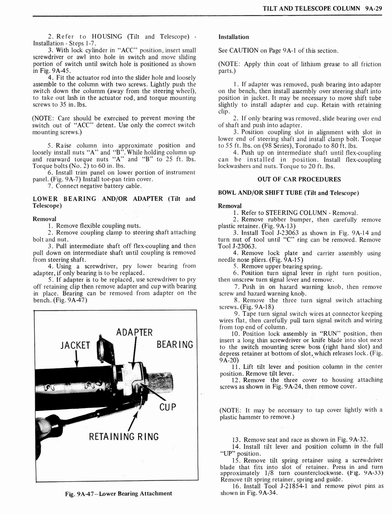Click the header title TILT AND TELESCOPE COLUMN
point(311,9)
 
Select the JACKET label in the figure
point(75,345)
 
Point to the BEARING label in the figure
point(175,344)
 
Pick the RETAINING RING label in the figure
point(124,436)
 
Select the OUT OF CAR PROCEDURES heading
point(299,179)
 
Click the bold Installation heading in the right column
point(234,37)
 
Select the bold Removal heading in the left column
point(44,219)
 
